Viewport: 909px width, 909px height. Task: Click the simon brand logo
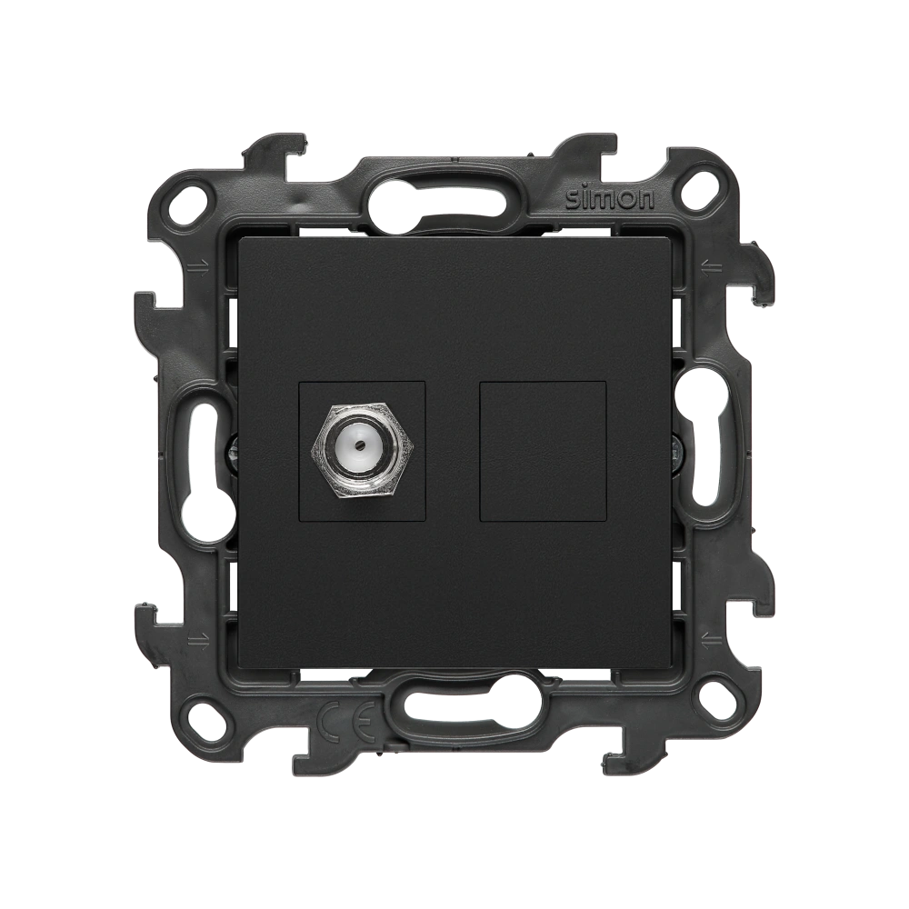[610, 199]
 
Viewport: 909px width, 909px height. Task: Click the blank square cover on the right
[544, 452]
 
